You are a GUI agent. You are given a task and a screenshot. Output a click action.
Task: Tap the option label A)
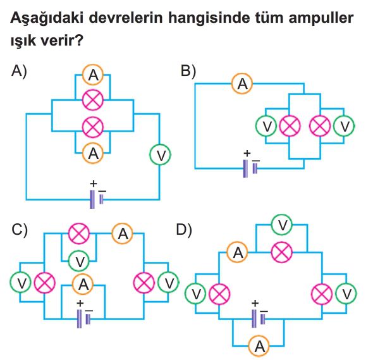19,71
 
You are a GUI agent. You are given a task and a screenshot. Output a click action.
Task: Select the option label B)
188,71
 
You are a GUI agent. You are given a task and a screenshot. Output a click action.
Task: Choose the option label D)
183,230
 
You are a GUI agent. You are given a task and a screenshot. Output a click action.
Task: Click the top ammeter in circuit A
93,75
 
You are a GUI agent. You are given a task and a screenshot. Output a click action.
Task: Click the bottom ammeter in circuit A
93,153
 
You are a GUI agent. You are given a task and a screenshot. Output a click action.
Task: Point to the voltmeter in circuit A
161,155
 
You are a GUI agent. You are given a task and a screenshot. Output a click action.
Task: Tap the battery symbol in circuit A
97,199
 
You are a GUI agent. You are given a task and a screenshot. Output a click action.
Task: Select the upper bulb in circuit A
93,100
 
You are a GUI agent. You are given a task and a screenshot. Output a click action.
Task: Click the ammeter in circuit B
242,84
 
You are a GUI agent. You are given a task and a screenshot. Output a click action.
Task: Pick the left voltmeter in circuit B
266,126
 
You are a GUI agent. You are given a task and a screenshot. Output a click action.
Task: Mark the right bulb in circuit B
320,126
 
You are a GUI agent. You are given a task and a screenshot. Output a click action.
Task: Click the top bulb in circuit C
79,233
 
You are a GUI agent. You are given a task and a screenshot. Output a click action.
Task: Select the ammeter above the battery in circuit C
83,284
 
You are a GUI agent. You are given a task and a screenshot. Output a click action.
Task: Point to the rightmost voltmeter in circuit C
169,283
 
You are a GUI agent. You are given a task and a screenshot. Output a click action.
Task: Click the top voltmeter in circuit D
282,225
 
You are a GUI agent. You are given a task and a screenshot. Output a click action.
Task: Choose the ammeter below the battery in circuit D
259,345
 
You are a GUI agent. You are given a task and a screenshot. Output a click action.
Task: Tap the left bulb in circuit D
219,294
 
